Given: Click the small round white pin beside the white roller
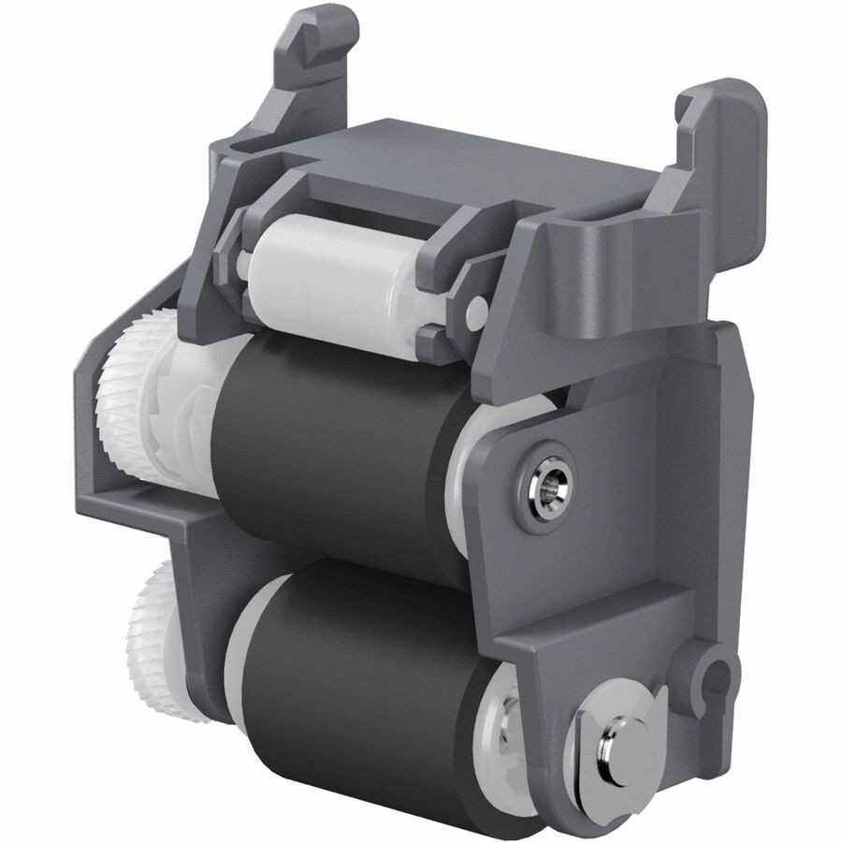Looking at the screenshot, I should click(x=477, y=308).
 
